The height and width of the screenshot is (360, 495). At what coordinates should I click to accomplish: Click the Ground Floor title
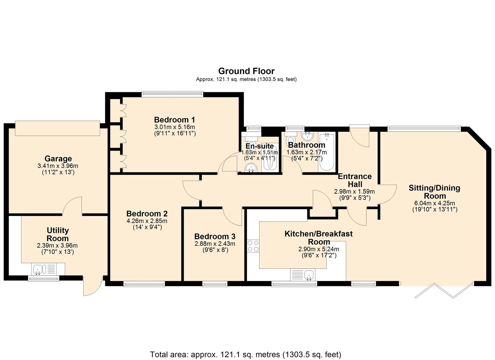pyautogui.click(x=246, y=71)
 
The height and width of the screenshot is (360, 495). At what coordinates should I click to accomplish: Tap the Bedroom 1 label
pyautogui.click(x=174, y=120)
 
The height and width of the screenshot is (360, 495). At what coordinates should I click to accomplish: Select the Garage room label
pyautogui.click(x=58, y=159)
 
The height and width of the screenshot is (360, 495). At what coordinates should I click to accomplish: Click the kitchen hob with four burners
pyautogui.click(x=253, y=246)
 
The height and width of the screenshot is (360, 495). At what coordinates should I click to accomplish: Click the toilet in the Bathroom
pyautogui.click(x=291, y=140)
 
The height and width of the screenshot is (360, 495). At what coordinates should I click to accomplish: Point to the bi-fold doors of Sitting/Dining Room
pyautogui.click(x=443, y=290)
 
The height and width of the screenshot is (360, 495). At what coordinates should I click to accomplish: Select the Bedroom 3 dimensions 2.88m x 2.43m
pyautogui.click(x=215, y=244)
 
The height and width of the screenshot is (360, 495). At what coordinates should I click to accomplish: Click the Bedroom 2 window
pyautogui.click(x=144, y=284)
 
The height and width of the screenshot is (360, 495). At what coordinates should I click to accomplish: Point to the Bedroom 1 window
pyautogui.click(x=172, y=94)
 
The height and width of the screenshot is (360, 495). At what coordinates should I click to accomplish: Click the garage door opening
pyautogui.click(x=57, y=128)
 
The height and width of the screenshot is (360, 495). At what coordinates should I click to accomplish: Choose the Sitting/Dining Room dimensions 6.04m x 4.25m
pyautogui.click(x=434, y=203)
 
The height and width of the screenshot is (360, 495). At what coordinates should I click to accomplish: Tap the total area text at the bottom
pyautogui.click(x=246, y=354)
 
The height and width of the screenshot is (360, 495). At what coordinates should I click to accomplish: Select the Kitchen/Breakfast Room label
pyautogui.click(x=318, y=238)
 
